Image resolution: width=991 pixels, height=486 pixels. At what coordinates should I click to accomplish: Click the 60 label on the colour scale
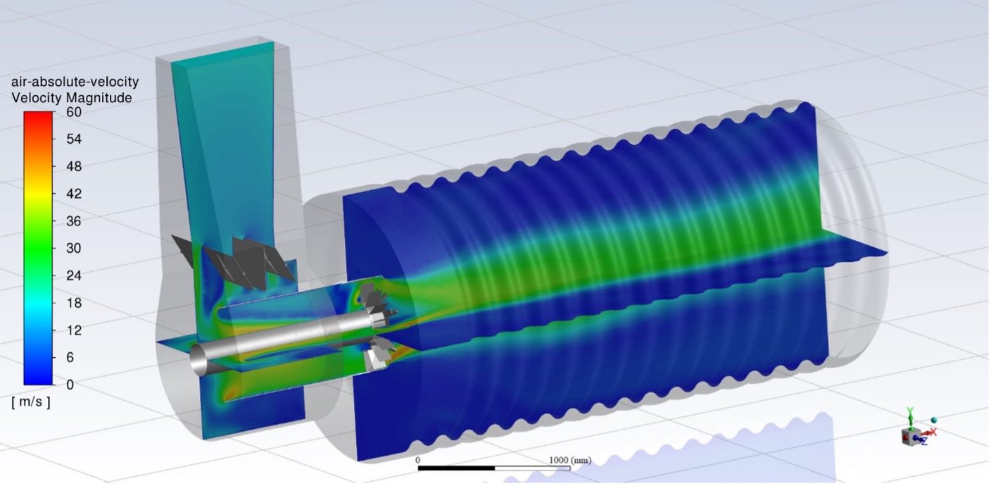(x=74, y=112)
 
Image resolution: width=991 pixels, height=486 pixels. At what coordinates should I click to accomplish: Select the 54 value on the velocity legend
(x=74, y=139)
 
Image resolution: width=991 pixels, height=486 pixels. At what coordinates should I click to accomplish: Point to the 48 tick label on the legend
(x=74, y=166)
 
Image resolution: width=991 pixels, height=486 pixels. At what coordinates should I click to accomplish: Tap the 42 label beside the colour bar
(x=74, y=194)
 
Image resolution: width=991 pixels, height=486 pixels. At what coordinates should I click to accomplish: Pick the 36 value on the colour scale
(x=74, y=221)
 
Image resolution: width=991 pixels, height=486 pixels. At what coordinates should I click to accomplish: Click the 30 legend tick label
(x=74, y=248)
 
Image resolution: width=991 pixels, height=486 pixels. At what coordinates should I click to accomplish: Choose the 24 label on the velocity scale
(x=74, y=275)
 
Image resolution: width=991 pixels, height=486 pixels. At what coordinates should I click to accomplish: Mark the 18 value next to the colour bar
(x=74, y=303)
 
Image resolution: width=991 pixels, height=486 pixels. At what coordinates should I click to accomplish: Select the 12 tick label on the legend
(x=74, y=330)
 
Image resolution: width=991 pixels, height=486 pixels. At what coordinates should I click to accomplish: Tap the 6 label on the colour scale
(x=70, y=357)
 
